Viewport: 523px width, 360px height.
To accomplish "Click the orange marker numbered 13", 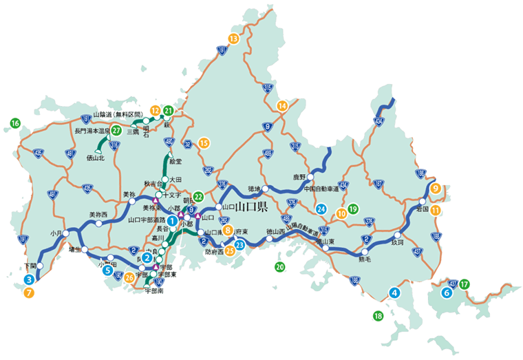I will click(233, 39).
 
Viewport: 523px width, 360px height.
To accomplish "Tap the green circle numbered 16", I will click(15, 123).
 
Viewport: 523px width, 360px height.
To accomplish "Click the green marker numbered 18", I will click(377, 316).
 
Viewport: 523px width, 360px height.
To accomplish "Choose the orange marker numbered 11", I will click(435, 211).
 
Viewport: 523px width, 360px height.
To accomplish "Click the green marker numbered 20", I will click(279, 266).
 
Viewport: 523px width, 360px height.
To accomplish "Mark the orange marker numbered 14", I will click(281, 105).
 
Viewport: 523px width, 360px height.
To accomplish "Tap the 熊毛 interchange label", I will click(365, 260).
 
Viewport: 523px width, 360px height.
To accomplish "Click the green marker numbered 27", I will click(116, 130).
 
